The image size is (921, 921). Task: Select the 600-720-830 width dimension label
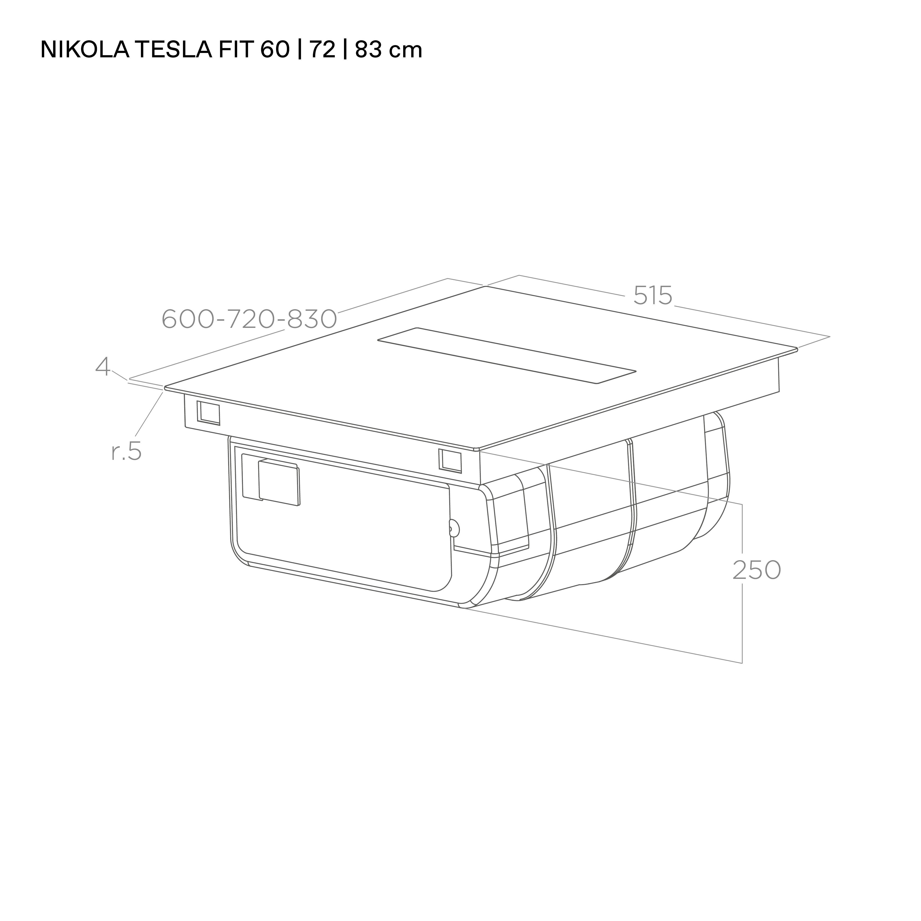pyautogui.click(x=249, y=319)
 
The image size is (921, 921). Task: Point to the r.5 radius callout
pyautogui.click(x=126, y=452)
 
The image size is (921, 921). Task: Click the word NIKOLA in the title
pyautogui.click(x=84, y=50)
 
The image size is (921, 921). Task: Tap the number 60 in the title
pyautogui.click(x=275, y=50)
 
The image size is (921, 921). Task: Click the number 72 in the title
pyautogui.click(x=322, y=50)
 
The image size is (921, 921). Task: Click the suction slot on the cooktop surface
pyautogui.click(x=507, y=355)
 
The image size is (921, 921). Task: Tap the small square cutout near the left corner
pyautogui.click(x=209, y=413)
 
